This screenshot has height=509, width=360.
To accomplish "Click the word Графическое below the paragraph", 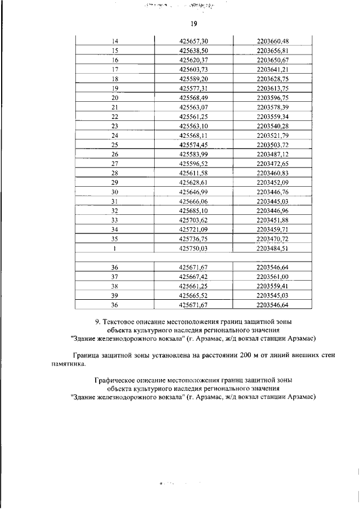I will pyautogui.click(x=120, y=381).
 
